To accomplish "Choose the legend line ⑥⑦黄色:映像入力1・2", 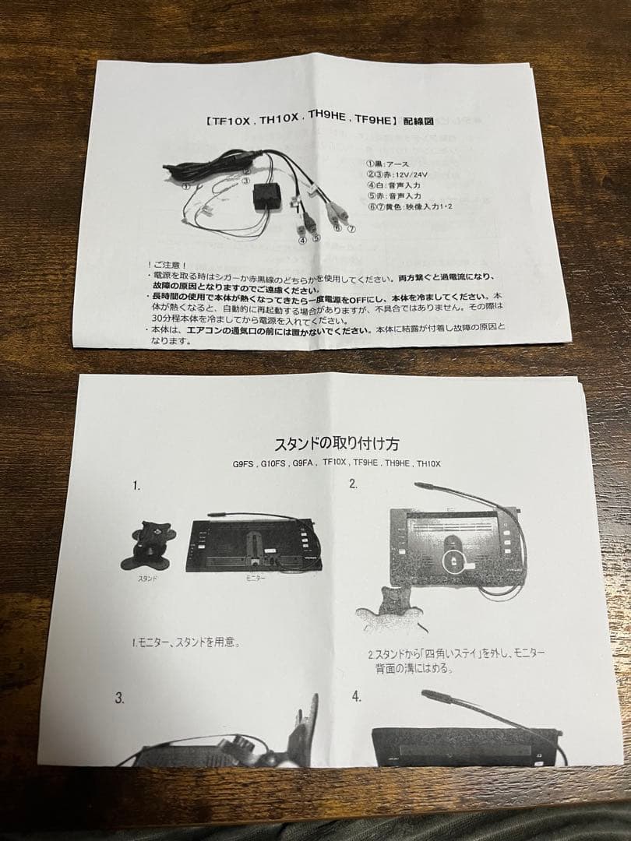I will [x=411, y=207].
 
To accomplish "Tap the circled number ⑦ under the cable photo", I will [x=351, y=230].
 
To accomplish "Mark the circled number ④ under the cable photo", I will [x=301, y=240].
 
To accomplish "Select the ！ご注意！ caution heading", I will [x=166, y=266].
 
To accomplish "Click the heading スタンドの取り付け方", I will [x=337, y=444].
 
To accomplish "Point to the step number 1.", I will [x=136, y=485].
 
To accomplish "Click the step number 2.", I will [x=353, y=484].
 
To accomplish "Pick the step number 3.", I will [x=120, y=698].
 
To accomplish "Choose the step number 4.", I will [x=356, y=696].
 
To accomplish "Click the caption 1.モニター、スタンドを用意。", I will [x=185, y=642].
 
